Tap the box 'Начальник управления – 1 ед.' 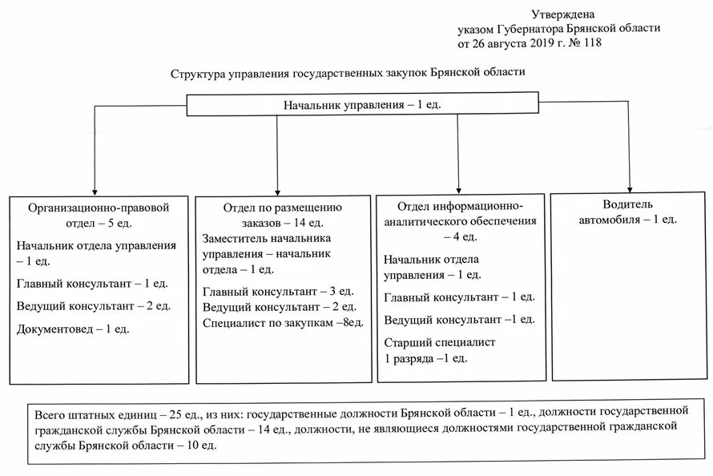(362, 105)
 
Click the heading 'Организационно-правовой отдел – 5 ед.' (99, 213)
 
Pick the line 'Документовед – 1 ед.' (72, 329)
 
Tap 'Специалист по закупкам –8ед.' (284, 322)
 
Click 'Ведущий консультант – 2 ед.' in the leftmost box (93, 306)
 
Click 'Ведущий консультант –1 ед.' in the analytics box (458, 320)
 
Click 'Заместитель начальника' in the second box (267, 238)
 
